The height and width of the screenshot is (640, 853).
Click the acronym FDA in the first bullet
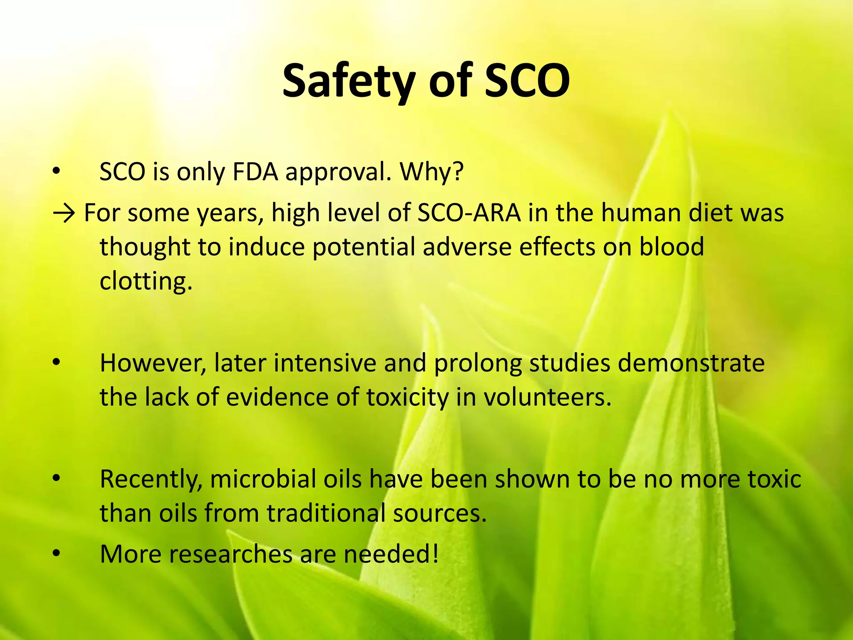click(255, 172)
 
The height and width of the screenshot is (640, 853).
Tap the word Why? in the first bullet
click(431, 172)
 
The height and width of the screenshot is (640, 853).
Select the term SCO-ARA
click(469, 213)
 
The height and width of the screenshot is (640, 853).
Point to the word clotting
click(146, 281)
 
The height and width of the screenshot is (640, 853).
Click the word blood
click(671, 247)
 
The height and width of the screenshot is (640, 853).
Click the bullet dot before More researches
click(57, 554)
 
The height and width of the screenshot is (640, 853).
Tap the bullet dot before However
click(57, 362)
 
